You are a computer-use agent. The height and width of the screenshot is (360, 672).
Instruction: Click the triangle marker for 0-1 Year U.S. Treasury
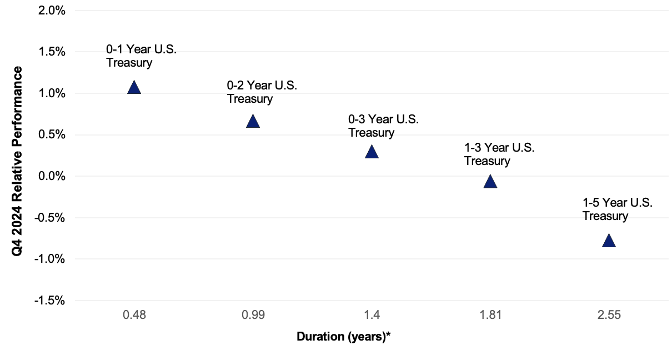coord(134,87)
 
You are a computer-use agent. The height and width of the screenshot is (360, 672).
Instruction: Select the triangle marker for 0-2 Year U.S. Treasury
coord(253,122)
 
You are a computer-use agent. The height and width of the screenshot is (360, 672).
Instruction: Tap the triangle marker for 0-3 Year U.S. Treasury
coord(372,152)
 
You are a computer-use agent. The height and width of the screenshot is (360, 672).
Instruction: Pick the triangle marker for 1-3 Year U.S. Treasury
coord(490,182)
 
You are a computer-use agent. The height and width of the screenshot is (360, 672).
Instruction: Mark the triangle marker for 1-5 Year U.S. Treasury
coord(609,241)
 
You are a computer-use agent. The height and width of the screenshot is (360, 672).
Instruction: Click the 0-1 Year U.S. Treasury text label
coord(141,56)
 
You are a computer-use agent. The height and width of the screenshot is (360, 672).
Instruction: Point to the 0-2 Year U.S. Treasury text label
coord(262,92)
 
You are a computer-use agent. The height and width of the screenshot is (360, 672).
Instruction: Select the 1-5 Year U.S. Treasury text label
coord(617,209)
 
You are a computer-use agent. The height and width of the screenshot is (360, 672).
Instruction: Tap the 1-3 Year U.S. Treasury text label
coord(499,154)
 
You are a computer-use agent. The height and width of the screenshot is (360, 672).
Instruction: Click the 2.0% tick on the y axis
coord(51,11)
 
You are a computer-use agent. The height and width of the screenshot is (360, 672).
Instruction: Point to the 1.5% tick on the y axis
coord(51,52)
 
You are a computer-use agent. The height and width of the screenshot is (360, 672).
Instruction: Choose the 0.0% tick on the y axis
coord(51,176)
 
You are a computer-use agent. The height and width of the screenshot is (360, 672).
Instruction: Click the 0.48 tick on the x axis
coord(134,316)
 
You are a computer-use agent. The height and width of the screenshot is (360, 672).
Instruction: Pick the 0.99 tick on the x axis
coord(253,316)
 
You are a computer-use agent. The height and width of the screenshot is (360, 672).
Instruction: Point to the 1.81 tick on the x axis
coord(490,316)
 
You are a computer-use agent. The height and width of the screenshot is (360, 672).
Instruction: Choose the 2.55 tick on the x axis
coord(609,316)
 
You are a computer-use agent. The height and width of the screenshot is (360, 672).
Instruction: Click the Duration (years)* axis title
coord(344,337)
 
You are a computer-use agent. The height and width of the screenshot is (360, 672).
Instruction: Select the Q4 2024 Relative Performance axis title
coord(18,161)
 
